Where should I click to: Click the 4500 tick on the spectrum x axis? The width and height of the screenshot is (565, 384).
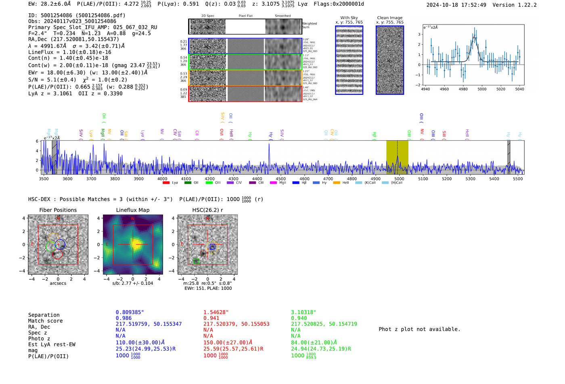tap(280, 179)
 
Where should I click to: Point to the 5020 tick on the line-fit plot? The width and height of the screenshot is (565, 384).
tap(501, 89)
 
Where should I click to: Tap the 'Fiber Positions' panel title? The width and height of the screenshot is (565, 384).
tap(58, 210)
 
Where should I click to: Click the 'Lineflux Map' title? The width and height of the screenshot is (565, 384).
tap(132, 210)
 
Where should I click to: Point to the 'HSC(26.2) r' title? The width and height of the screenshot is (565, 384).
tap(207, 210)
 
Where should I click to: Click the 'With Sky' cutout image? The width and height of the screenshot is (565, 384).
tap(349, 60)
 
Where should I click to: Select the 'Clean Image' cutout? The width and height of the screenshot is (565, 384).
tap(389, 60)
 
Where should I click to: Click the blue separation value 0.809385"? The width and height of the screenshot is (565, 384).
tap(130, 312)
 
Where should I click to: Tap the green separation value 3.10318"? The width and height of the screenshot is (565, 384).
tap(303, 312)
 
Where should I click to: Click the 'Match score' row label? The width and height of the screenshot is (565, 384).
tap(45, 321)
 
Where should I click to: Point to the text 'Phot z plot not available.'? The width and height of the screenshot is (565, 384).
tap(419, 329)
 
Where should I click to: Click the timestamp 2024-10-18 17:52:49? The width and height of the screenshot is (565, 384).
tap(456, 5)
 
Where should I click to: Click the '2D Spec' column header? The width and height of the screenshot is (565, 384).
tap(208, 16)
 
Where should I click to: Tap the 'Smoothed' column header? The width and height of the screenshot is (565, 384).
tap(282, 16)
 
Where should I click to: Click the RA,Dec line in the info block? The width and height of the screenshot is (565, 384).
tap(73, 39)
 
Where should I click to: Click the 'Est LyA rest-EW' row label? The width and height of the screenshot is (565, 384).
tap(52, 345)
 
